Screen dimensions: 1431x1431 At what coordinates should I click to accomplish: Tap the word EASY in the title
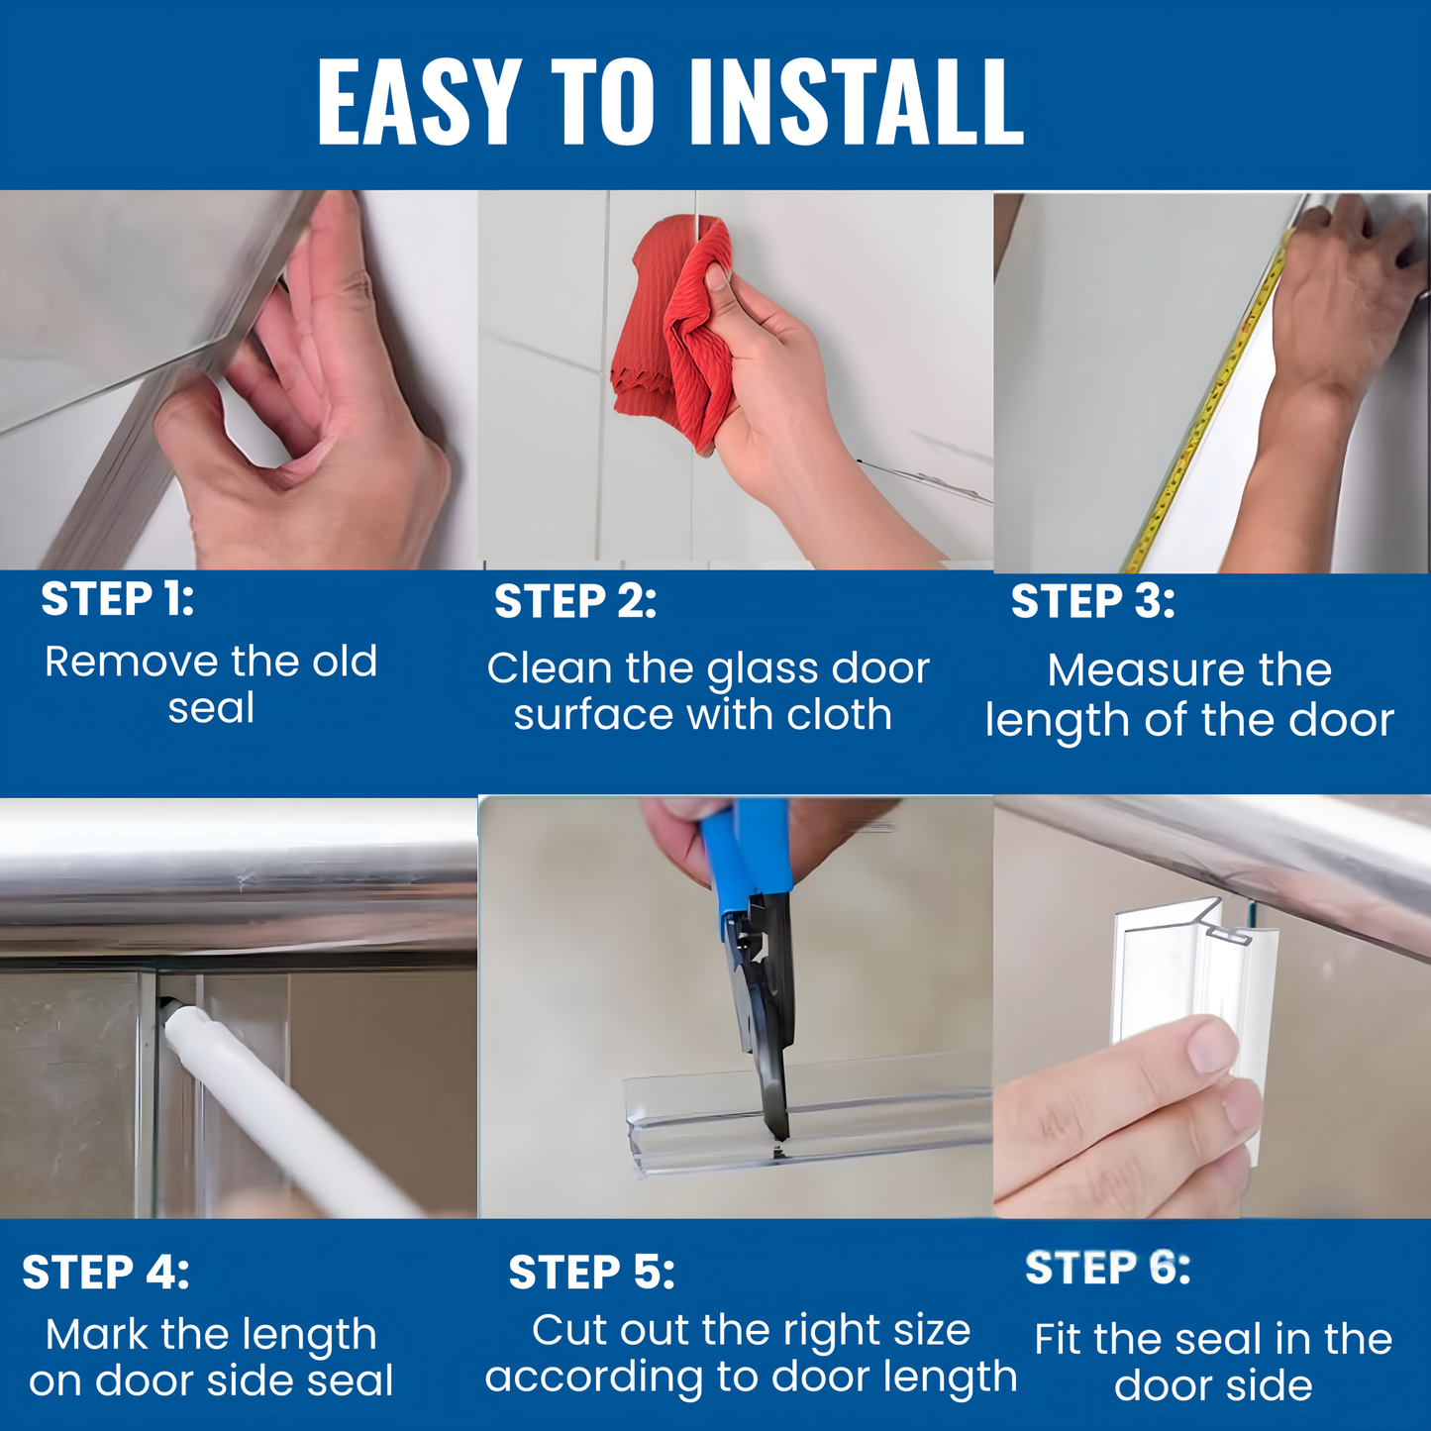pos(419,101)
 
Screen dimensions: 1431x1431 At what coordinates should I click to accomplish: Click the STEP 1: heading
pos(118,599)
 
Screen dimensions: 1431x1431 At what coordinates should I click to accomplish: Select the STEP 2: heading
pos(575,601)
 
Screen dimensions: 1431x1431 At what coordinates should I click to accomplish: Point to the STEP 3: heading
pos(1092,601)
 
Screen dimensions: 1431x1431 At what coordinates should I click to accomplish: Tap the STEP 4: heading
pos(105,1273)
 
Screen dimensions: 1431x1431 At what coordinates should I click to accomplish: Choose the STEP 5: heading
pos(591,1273)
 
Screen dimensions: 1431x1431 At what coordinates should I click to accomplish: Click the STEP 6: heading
pos(1107,1268)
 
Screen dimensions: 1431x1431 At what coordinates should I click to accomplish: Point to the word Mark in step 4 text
pos(96,1335)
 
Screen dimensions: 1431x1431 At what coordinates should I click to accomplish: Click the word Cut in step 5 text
pos(568,1330)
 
